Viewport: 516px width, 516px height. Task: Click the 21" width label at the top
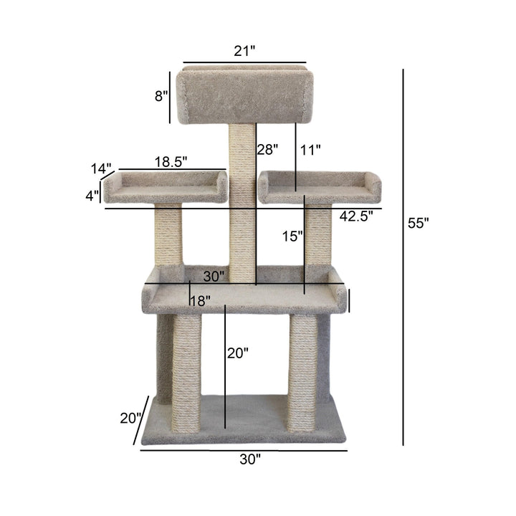pyautogui.click(x=244, y=51)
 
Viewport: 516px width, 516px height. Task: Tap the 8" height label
pyautogui.click(x=161, y=95)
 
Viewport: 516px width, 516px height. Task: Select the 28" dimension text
pyautogui.click(x=267, y=149)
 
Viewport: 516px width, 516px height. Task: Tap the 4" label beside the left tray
pyautogui.click(x=92, y=195)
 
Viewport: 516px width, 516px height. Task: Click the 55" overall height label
pyautogui.click(x=419, y=223)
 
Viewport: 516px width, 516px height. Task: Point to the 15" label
pyautogui.click(x=292, y=235)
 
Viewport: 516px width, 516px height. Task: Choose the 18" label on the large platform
pyautogui.click(x=200, y=302)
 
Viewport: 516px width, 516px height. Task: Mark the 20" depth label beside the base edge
pyautogui.click(x=130, y=418)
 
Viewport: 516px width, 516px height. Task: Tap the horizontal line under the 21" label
pyautogui.click(x=244, y=62)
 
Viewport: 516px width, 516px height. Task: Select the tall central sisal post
pyautogui.click(x=242, y=208)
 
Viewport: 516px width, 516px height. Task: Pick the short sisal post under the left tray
pyautogui.click(x=168, y=236)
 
